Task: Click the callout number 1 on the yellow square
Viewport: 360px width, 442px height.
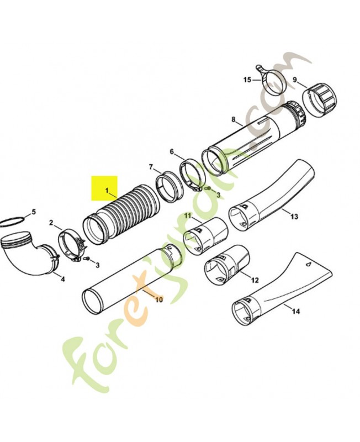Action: [107, 191]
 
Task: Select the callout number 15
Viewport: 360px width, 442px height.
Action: [247, 80]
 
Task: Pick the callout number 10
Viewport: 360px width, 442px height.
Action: [159, 299]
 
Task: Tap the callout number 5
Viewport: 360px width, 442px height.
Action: [34, 212]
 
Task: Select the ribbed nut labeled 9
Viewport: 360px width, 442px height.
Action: [320, 99]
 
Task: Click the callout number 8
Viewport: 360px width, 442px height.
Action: [233, 119]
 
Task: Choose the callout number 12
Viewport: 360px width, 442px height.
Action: [255, 280]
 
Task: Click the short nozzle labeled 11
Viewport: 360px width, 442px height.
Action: [205, 236]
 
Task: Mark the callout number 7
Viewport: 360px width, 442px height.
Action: [151, 167]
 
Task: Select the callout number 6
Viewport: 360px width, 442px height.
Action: [172, 151]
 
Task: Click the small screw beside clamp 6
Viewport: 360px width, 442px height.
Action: [209, 188]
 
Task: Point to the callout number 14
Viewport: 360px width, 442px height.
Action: [296, 311]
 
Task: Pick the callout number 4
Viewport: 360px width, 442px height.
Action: [63, 279]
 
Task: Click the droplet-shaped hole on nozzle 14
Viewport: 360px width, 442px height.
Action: [309, 265]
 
